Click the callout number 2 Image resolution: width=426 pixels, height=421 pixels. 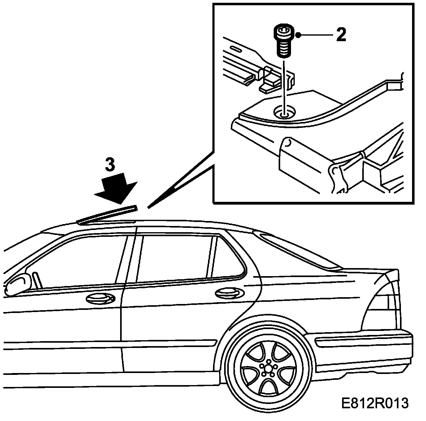[x=341, y=35]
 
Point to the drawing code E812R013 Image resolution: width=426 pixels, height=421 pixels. [x=375, y=403]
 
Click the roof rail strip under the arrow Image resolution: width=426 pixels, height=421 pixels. [x=107, y=215]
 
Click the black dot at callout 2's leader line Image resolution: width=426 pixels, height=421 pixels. [x=298, y=35]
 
